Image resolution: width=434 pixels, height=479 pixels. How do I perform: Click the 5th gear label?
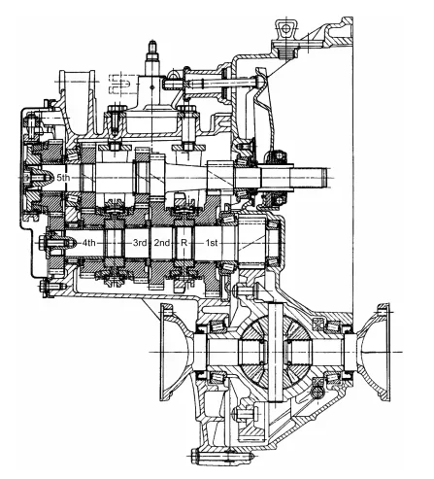tap(63, 178)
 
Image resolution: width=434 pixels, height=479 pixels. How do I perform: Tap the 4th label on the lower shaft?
tap(88, 242)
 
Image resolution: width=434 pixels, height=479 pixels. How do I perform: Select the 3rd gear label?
tap(140, 242)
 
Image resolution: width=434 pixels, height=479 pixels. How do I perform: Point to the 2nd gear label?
tap(162, 242)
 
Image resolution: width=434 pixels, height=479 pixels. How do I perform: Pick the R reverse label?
tap(184, 242)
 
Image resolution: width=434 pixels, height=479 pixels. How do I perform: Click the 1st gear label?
tap(212, 242)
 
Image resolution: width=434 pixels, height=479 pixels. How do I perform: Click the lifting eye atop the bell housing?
tap(285, 30)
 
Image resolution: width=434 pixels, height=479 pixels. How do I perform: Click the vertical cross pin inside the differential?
tap(276, 352)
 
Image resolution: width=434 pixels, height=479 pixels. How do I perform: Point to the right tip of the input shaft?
tap(326, 178)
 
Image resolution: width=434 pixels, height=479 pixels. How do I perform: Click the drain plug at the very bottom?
tap(222, 458)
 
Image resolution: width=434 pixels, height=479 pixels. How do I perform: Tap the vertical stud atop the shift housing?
tap(151, 57)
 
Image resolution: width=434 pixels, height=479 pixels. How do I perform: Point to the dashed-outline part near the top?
tap(119, 84)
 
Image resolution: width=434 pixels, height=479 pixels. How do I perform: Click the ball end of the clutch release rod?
tap(259, 80)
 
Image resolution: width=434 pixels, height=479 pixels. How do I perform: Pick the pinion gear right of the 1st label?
tap(251, 242)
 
